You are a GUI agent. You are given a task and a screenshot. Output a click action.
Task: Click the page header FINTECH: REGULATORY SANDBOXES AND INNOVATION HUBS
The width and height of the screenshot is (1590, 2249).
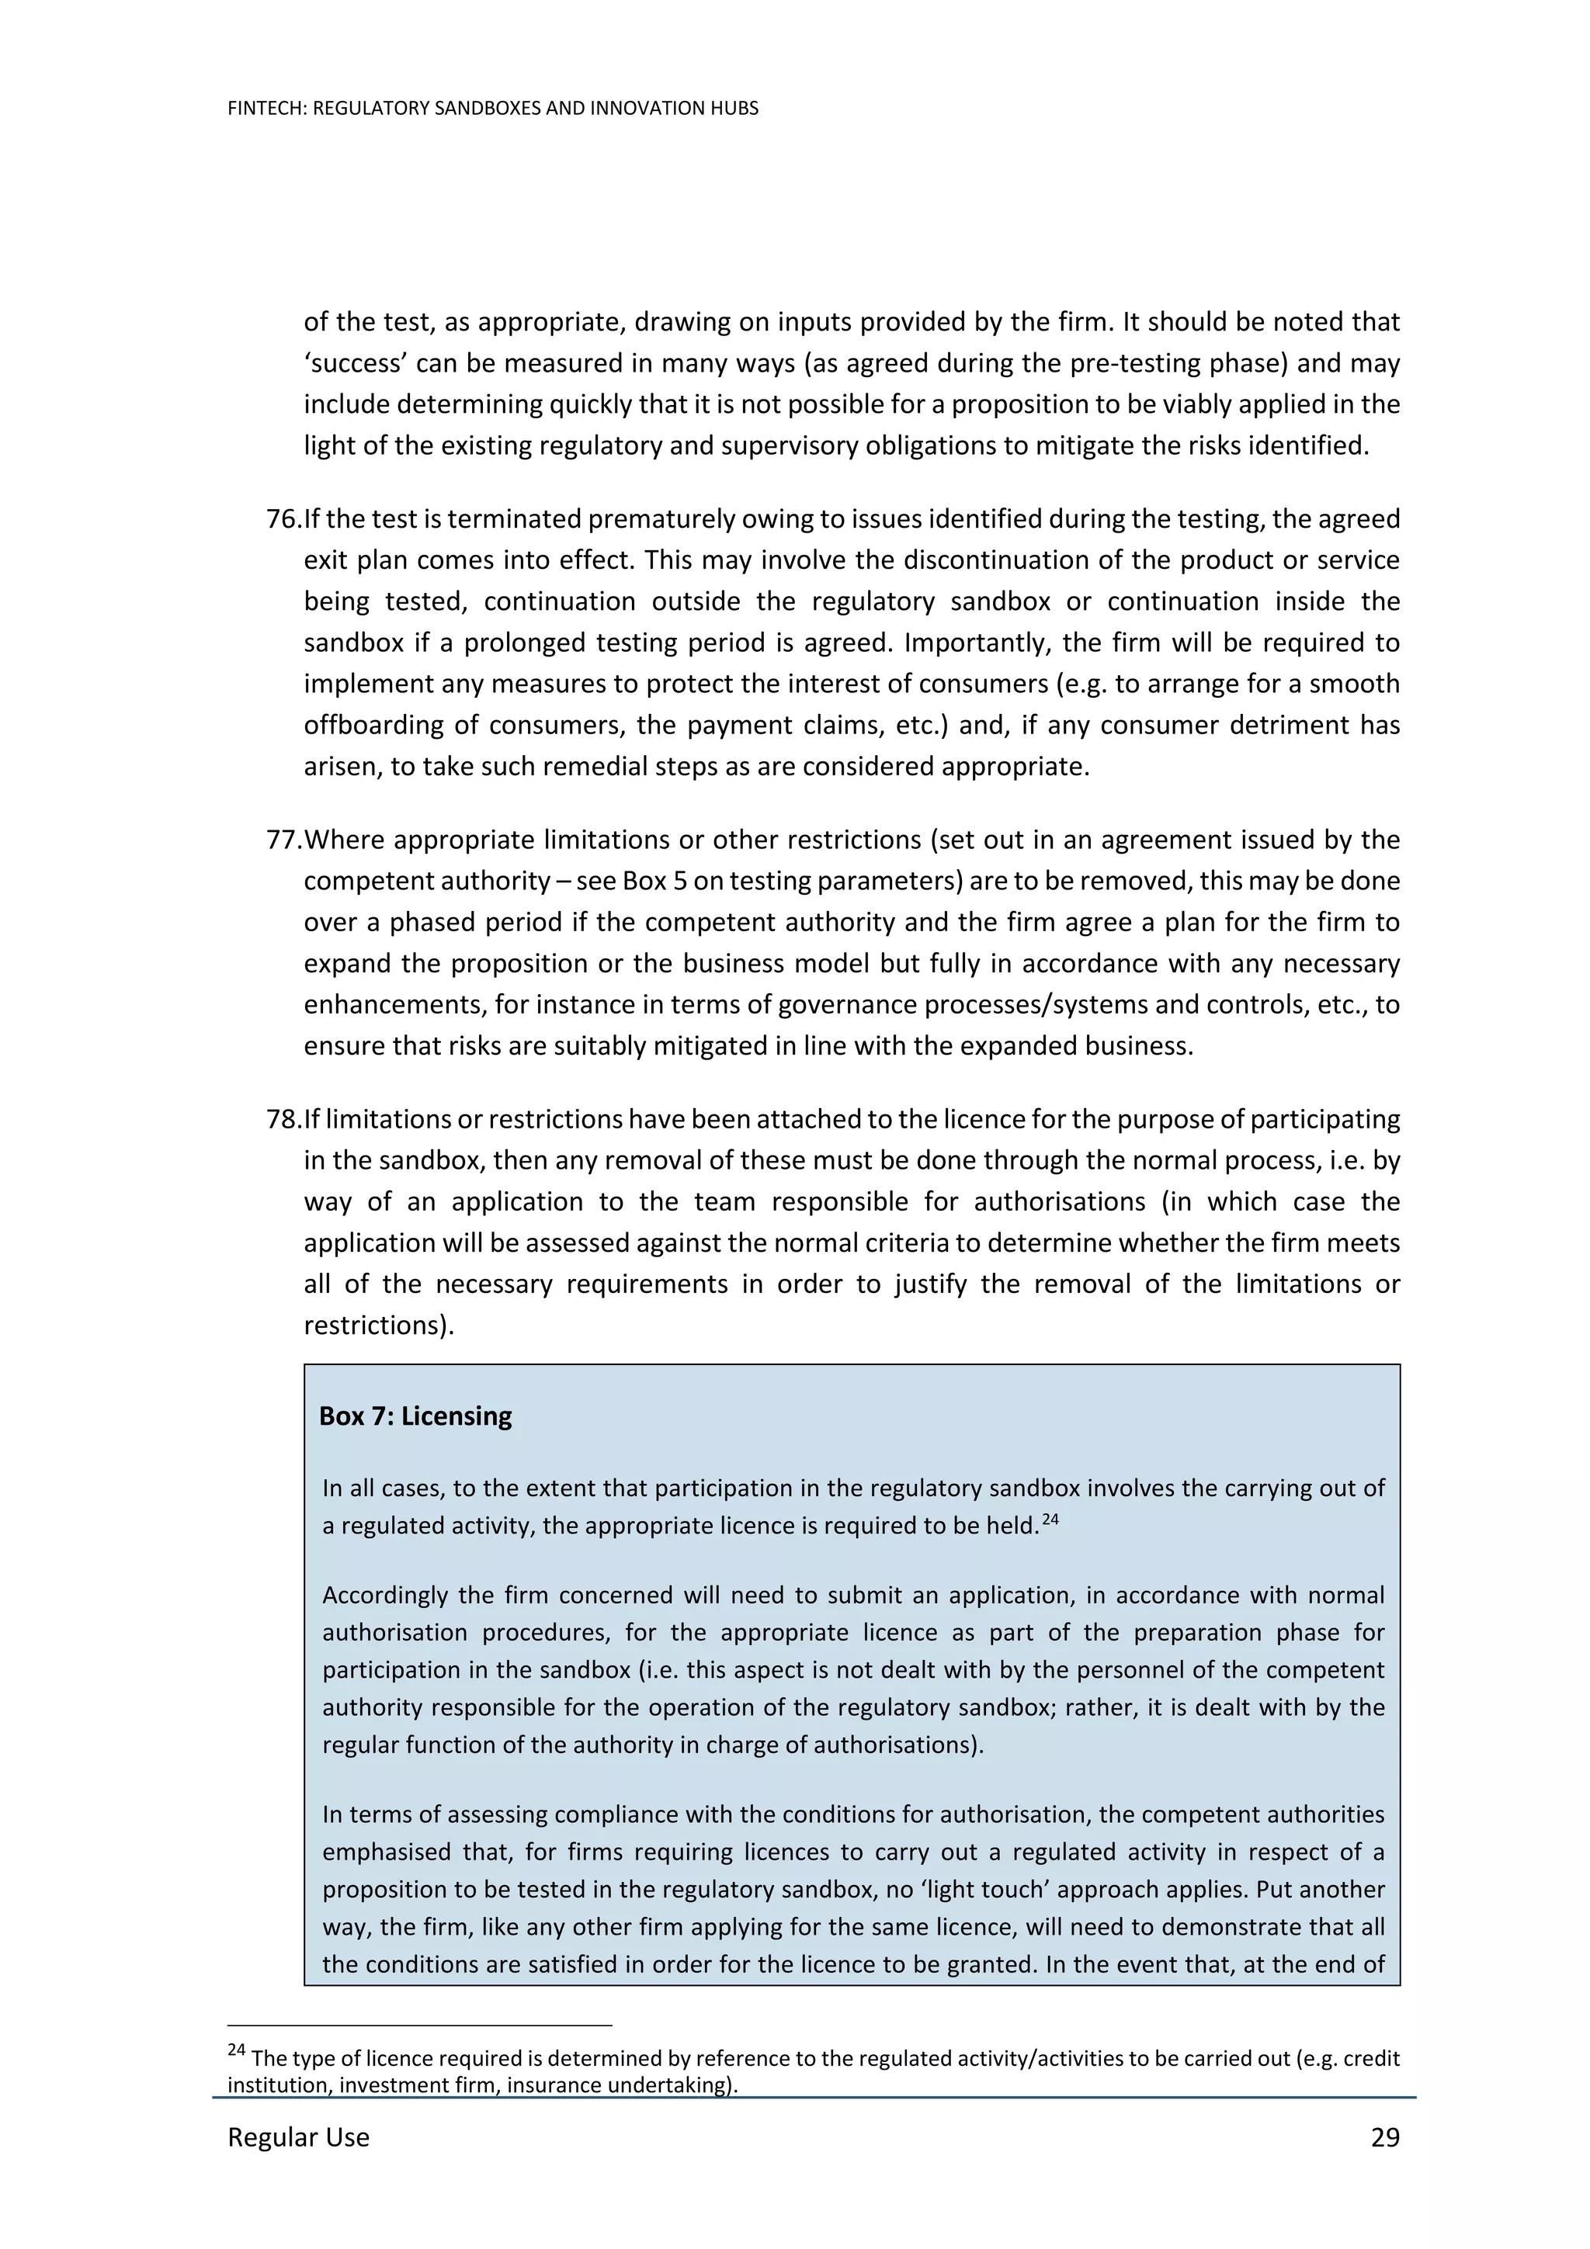pyautogui.click(x=493, y=109)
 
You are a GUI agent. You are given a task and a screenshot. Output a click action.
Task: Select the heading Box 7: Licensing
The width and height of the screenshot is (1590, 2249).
pyautogui.click(x=415, y=1416)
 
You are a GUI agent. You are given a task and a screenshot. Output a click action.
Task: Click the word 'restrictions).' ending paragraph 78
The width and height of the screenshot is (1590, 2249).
pyautogui.click(x=378, y=1325)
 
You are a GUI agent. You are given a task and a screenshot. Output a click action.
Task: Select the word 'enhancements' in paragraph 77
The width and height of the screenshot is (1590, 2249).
pyautogui.click(x=393, y=1005)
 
